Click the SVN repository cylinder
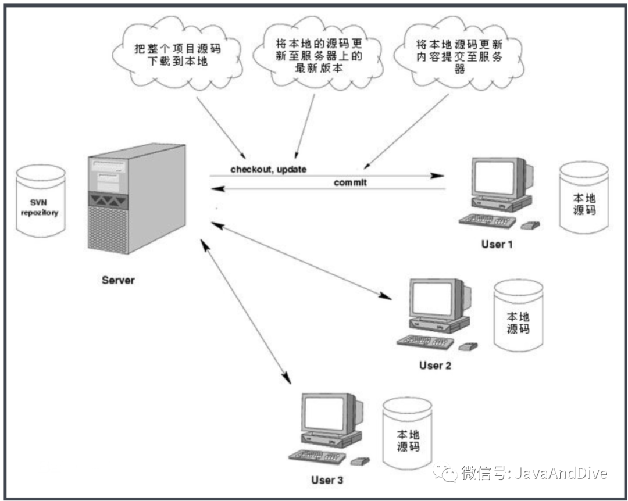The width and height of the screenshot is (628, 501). tap(41, 201)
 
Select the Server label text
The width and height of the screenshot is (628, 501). tap(118, 280)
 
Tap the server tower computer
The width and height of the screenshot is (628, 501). tap(137, 199)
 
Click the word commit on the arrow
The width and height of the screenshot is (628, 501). tap(350, 182)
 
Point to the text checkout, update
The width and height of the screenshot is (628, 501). tap(268, 169)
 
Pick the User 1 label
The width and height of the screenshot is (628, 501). tap(497, 244)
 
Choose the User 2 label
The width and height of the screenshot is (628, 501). tap(435, 365)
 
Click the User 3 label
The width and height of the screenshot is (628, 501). tap(327, 479)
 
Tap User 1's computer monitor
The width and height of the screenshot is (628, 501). tap(502, 178)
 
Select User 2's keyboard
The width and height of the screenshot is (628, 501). tap(425, 341)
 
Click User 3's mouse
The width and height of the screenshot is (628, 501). tap(360, 461)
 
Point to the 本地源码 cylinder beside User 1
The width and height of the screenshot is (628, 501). tap(584, 197)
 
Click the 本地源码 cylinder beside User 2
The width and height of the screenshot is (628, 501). tap(518, 316)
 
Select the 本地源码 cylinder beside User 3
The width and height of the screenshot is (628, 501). tap(407, 434)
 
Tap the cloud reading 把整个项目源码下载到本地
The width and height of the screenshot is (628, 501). tap(177, 54)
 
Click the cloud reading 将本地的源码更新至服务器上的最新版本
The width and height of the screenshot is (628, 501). tap(319, 54)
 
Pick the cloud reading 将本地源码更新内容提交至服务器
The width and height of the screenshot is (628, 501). tap(459, 54)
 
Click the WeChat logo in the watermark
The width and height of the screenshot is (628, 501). tap(445, 473)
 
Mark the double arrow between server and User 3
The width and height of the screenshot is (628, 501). tap(245, 312)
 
